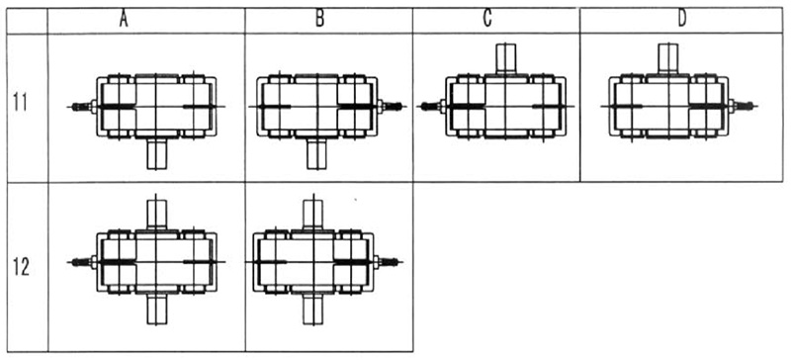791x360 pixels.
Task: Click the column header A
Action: coord(123,19)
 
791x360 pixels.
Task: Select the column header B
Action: coord(319,19)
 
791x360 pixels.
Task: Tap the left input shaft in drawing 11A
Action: coord(81,107)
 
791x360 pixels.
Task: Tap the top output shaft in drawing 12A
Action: coord(156,212)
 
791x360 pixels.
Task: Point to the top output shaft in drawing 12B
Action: coord(314,212)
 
